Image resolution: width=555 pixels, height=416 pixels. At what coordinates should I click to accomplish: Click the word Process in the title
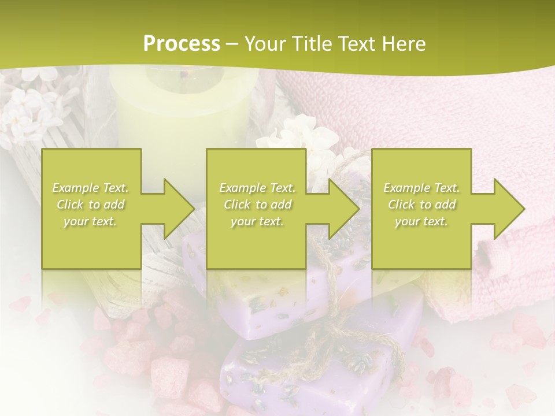click(x=182, y=43)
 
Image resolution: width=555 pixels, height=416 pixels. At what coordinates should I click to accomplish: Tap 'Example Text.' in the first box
click(x=91, y=188)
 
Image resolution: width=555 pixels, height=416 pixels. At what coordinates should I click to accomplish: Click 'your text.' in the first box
click(x=91, y=221)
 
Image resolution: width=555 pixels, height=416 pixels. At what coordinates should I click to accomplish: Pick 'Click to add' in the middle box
click(x=257, y=205)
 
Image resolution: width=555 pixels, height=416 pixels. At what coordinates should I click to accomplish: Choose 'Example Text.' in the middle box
click(x=257, y=188)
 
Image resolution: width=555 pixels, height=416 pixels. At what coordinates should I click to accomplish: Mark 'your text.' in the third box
click(x=421, y=221)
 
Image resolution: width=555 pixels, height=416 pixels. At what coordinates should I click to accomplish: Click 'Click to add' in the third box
click(x=421, y=205)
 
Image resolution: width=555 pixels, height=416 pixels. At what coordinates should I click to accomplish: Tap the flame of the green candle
click(x=184, y=73)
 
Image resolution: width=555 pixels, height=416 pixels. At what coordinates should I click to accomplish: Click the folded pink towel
click(x=439, y=116)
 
